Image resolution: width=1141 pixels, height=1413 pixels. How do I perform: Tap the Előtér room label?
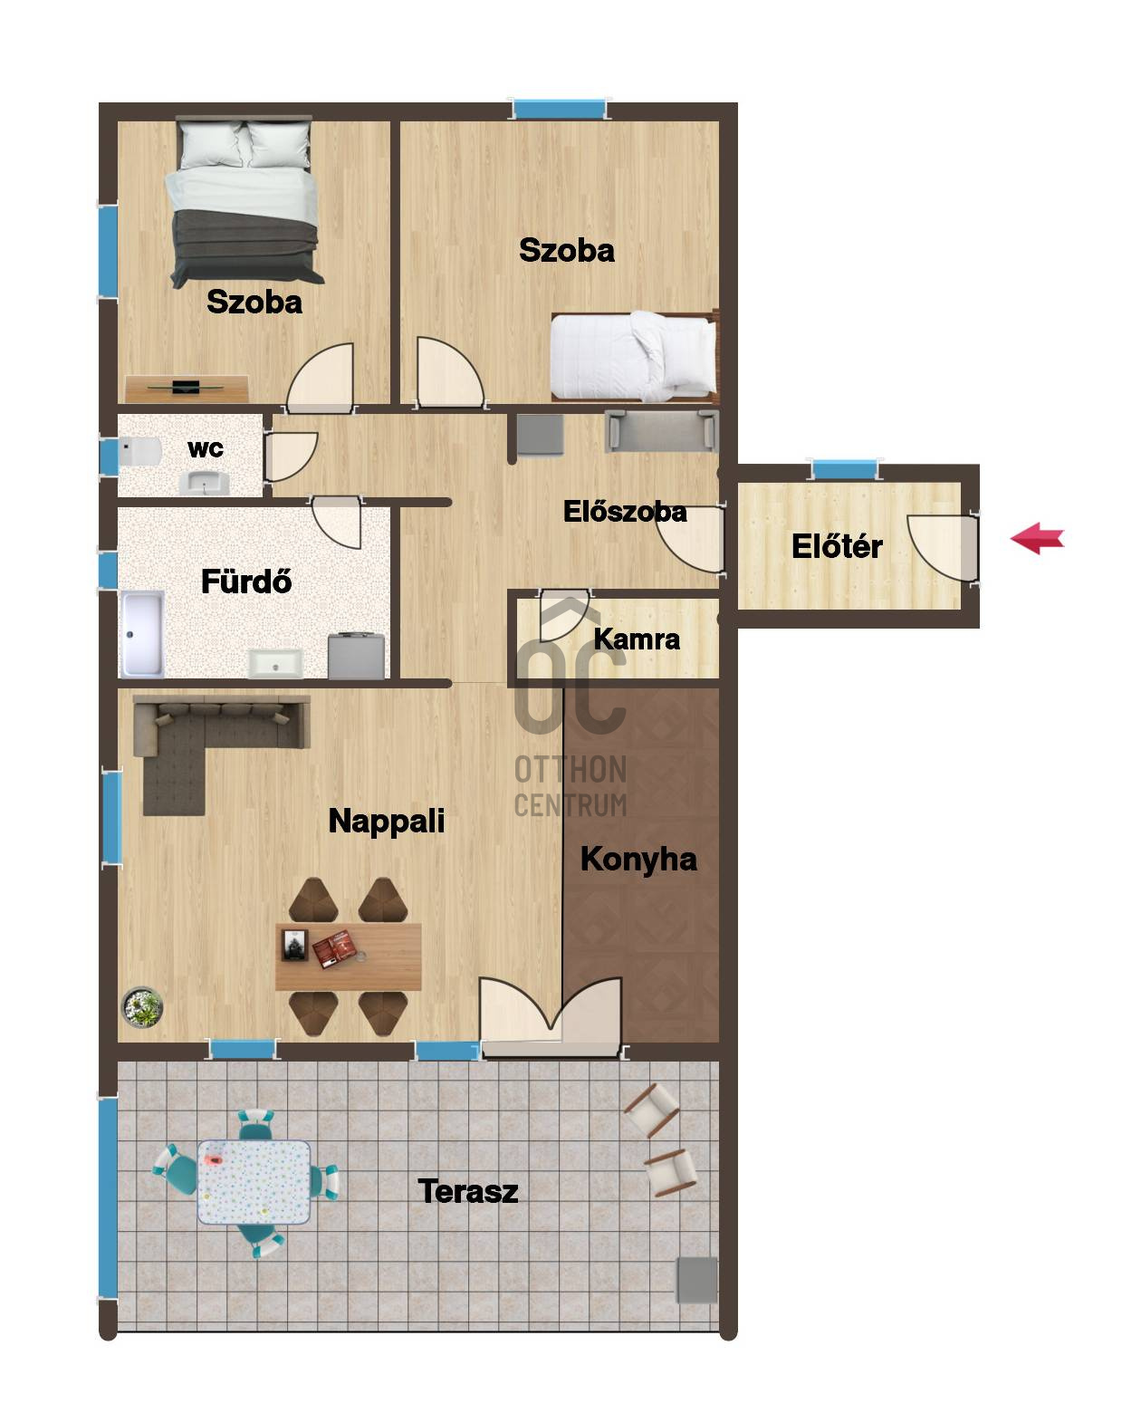click(836, 546)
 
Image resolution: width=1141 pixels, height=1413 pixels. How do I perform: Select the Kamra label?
click(637, 639)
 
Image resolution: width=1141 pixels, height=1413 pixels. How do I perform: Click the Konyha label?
click(638, 860)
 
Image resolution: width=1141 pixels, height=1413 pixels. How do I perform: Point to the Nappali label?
click(386, 822)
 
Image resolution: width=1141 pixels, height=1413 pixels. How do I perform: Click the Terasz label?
click(467, 1191)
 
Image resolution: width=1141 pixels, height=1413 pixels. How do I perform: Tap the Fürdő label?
click(246, 582)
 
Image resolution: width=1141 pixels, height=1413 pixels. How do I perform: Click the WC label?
click(206, 449)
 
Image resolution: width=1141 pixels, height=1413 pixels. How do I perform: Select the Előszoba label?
click(625, 512)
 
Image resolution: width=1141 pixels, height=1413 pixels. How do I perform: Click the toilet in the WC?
click(139, 451)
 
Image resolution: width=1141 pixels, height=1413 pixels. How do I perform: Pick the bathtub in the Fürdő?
click(141, 634)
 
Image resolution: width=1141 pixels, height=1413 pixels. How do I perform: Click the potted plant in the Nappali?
click(142, 1008)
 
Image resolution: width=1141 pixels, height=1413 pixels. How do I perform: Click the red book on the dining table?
click(334, 948)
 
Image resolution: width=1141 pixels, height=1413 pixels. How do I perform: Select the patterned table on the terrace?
click(254, 1181)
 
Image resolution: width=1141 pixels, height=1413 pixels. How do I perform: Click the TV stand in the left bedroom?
click(187, 389)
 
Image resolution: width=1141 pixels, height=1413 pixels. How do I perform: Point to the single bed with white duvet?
click(634, 356)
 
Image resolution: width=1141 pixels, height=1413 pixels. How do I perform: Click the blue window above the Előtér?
click(844, 469)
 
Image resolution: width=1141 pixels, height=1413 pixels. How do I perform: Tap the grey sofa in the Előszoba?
click(661, 431)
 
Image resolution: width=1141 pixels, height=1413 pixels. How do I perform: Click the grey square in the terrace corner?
click(696, 1280)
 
